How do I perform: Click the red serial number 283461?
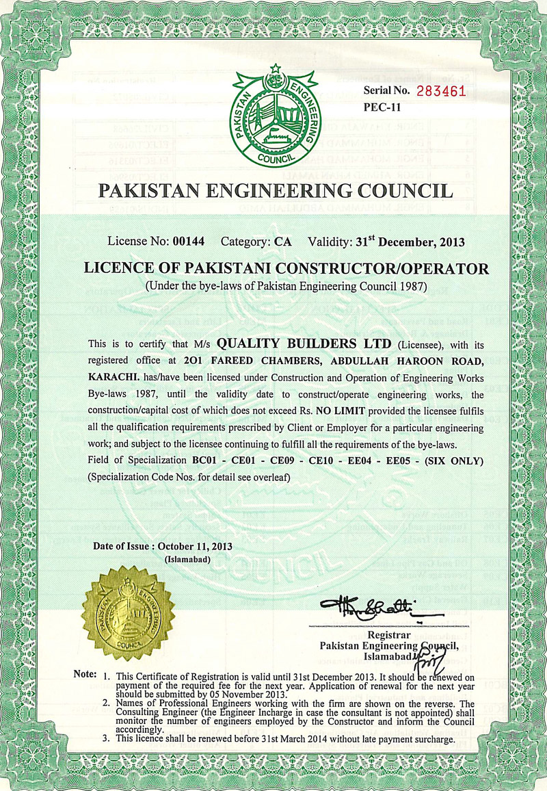click(x=438, y=90)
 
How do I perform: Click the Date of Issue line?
click(x=163, y=547)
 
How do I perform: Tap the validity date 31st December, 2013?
click(x=410, y=242)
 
